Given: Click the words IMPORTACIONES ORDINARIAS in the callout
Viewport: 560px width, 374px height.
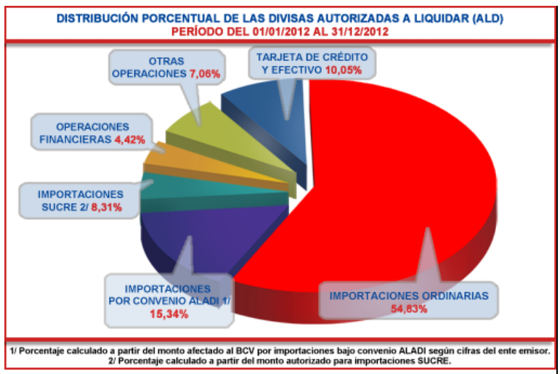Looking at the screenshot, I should point(409,296).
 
